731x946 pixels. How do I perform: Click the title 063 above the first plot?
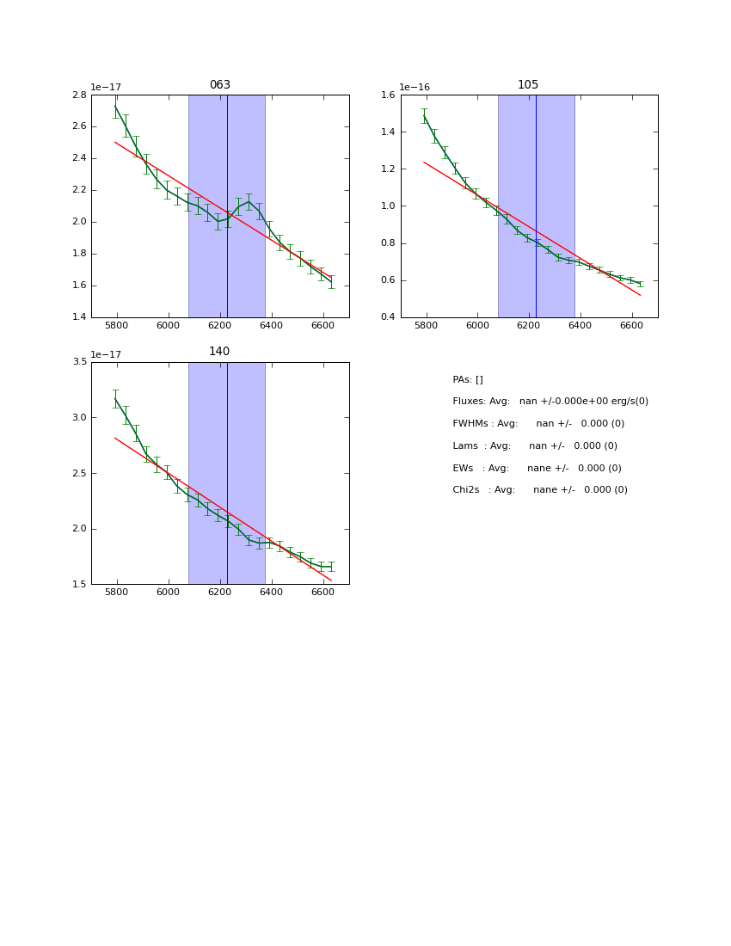[220, 85]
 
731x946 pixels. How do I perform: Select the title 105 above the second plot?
[528, 85]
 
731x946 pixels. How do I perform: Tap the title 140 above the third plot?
[219, 352]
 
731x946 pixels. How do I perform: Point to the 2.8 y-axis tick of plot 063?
[78, 95]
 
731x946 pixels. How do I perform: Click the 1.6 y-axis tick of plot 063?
[78, 286]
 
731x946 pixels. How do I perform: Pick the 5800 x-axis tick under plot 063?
[117, 325]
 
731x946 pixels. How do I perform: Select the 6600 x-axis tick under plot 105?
[631, 325]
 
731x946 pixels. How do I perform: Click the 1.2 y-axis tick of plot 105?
[387, 169]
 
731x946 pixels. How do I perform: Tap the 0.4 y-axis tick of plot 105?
[387, 317]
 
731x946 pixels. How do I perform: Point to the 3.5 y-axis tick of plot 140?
[78, 361]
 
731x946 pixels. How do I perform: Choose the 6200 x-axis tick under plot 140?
[220, 592]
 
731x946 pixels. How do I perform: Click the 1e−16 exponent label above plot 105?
[415, 88]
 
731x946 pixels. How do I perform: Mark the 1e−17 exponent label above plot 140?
[106, 354]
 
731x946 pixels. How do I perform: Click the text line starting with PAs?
[468, 380]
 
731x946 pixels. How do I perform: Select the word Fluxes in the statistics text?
[468, 402]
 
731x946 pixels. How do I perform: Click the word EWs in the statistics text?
[464, 469]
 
